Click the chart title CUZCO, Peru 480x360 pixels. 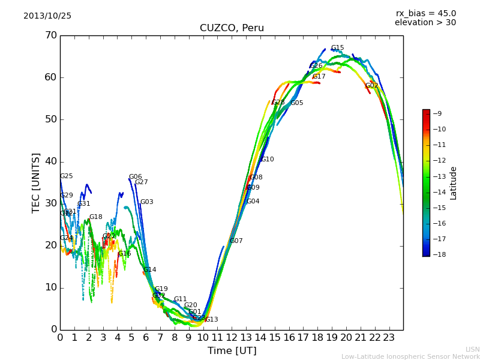pyautogui.click(x=232, y=28)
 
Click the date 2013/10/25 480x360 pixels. pyautogui.click(x=47, y=16)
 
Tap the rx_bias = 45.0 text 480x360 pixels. pyautogui.click(x=425, y=14)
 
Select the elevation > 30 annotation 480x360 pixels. pyautogui.click(x=425, y=23)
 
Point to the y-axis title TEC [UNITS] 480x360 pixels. pyautogui.click(x=36, y=182)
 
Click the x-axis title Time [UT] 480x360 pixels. pyautogui.click(x=232, y=351)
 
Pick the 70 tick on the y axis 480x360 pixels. pyautogui.click(x=50, y=35)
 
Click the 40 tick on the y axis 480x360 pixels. pyautogui.click(x=50, y=161)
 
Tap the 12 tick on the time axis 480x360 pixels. pyautogui.click(x=232, y=337)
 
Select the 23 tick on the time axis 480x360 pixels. pyautogui.click(x=389, y=337)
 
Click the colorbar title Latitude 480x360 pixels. pyautogui.click(x=454, y=183)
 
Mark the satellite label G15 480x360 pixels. pyautogui.click(x=337, y=48)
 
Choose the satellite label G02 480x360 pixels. pyautogui.click(x=372, y=86)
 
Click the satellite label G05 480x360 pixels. pyautogui.click(x=297, y=103)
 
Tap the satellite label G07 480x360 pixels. pyautogui.click(x=236, y=241)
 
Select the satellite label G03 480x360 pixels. pyautogui.click(x=147, y=202)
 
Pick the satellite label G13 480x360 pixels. pyautogui.click(x=212, y=320)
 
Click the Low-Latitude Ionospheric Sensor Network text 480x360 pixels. pyautogui.click(x=410, y=357)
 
